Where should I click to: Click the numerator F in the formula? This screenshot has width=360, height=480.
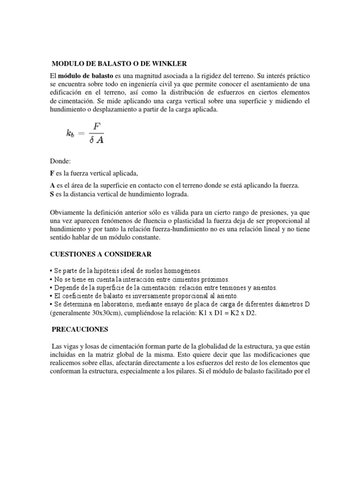point(97,127)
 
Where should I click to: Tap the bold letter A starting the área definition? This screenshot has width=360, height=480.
point(52,186)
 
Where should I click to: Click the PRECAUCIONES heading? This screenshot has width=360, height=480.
point(80,329)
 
